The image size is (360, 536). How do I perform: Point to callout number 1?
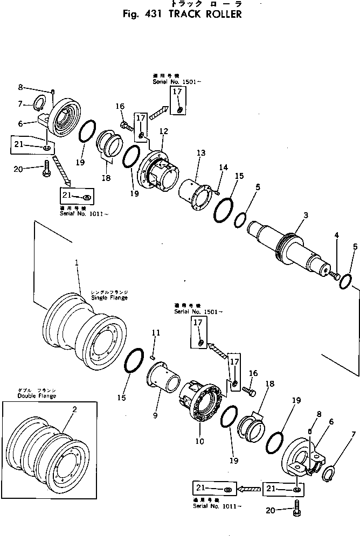77,263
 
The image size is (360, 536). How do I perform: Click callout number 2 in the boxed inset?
74,409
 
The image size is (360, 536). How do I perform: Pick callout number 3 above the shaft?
305,215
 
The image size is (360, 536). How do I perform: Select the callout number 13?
200,154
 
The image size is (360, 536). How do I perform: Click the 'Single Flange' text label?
109,297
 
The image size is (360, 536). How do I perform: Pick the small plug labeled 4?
334,276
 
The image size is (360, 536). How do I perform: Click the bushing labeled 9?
164,377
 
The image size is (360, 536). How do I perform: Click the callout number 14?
223,168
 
